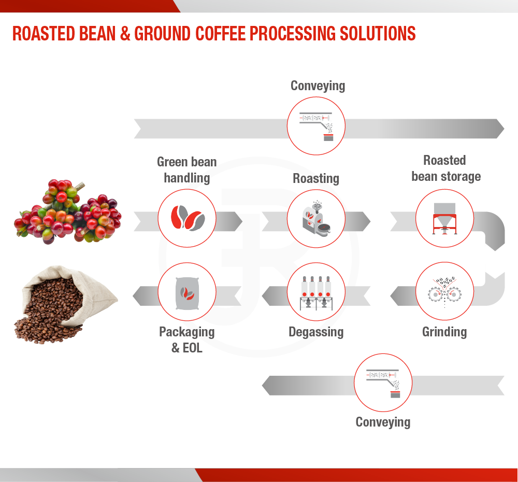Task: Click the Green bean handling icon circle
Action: (x=187, y=218)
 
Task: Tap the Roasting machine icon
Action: (x=316, y=218)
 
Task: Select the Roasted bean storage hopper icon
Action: (x=444, y=219)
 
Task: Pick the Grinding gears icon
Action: (x=444, y=292)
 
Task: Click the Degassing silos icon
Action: (x=316, y=293)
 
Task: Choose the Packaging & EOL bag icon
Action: (x=187, y=293)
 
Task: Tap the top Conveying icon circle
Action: (x=316, y=126)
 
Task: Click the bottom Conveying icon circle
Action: (x=383, y=382)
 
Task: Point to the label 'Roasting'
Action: (x=316, y=178)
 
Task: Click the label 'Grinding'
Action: (x=444, y=332)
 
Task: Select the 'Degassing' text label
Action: (x=316, y=332)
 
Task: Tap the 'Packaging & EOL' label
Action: (x=187, y=339)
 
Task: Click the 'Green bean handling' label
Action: (x=187, y=170)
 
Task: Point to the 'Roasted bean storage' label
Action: (x=446, y=168)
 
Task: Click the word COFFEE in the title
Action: (x=220, y=34)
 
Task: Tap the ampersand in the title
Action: (x=125, y=34)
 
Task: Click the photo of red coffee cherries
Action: (x=68, y=211)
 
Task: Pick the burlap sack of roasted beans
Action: (x=66, y=304)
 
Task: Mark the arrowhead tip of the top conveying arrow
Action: (x=504, y=129)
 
